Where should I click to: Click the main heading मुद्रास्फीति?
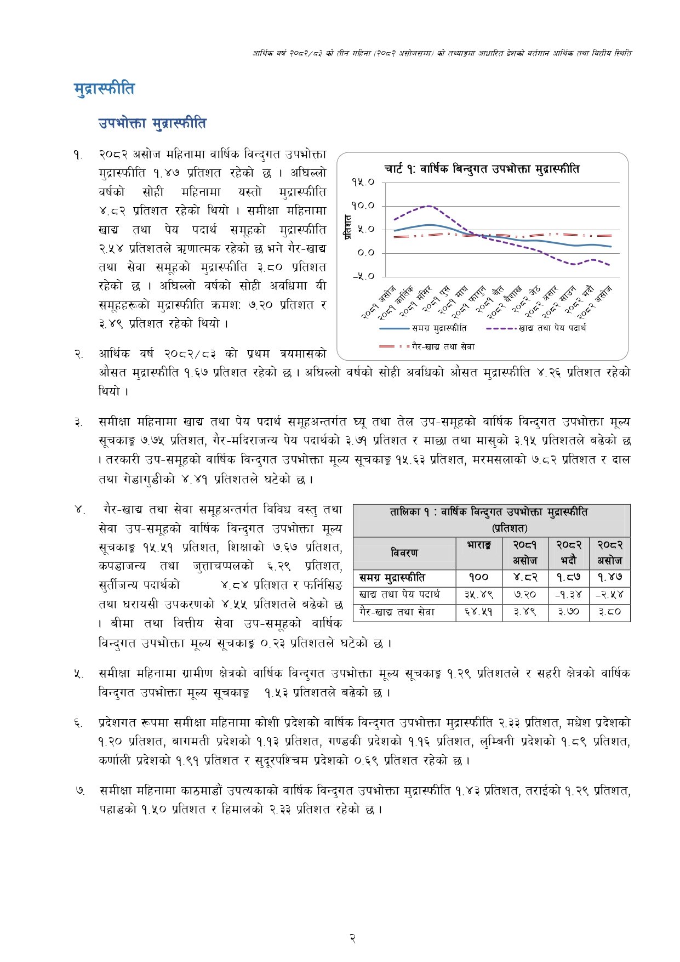click(x=104, y=89)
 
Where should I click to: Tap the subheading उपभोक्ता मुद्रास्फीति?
click(x=152, y=123)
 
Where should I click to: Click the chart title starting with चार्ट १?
click(x=481, y=169)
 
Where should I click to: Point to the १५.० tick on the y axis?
click(x=363, y=182)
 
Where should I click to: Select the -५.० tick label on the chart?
click(x=363, y=276)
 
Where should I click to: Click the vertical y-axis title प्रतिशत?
click(x=347, y=227)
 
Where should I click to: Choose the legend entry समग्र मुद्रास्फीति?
click(x=439, y=328)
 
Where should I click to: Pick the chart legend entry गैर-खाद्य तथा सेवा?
click(x=443, y=346)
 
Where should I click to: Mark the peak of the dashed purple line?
click(x=428, y=206)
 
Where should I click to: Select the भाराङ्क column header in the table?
click(x=479, y=545)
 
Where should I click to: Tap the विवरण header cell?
click(x=404, y=553)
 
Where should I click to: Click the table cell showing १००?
click(x=479, y=577)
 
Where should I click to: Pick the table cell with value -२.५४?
click(x=609, y=595)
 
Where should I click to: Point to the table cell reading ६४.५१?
click(x=479, y=612)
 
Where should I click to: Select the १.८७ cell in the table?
click(x=568, y=577)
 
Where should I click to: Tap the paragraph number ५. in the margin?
click(x=78, y=674)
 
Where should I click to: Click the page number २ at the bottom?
click(x=353, y=938)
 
